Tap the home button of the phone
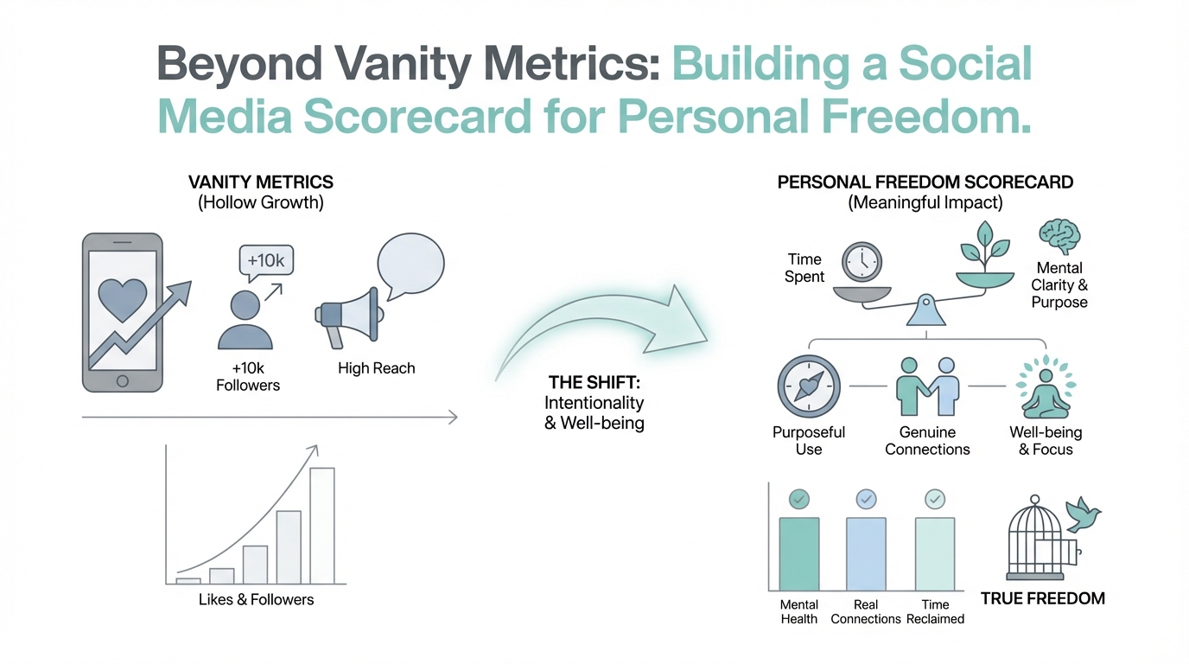122,381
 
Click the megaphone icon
349,318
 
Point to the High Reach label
377,368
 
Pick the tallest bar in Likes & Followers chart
322,526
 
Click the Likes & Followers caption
256,600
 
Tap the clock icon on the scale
862,262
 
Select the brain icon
1059,237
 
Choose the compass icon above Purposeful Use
809,386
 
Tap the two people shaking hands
927,386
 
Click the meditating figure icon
1046,388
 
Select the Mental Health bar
798,554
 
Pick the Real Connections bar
866,554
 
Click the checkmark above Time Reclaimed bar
935,500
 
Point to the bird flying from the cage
1083,514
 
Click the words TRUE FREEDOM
1042,598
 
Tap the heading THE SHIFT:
594,382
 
